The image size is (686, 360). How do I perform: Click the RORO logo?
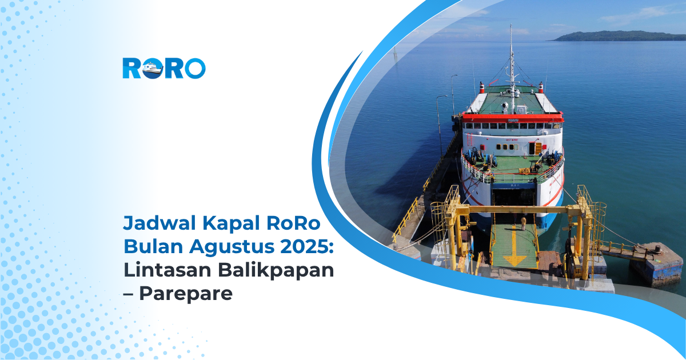point(163,68)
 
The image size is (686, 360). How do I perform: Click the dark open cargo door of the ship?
point(513,197)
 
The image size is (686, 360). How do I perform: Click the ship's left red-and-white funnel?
point(482,87)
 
